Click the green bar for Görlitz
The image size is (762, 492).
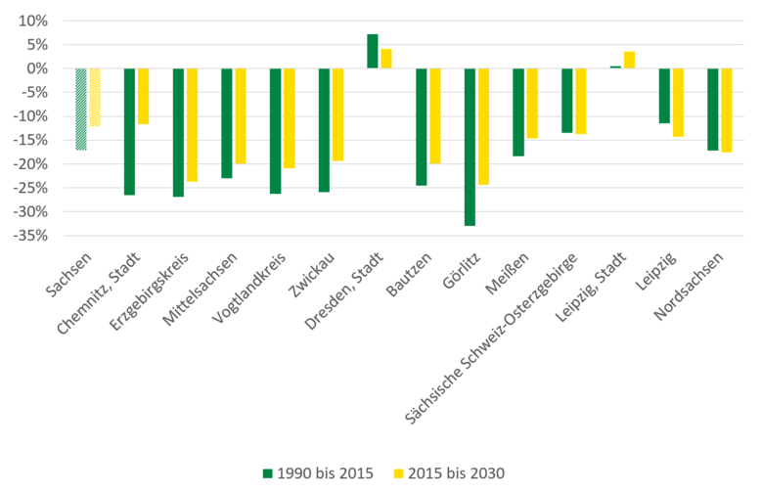pyautogui.click(x=470, y=147)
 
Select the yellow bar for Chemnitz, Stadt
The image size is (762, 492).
pyautogui.click(x=143, y=96)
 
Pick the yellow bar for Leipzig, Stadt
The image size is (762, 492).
pyautogui.click(x=629, y=60)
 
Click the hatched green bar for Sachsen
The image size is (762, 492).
pyautogui.click(x=81, y=109)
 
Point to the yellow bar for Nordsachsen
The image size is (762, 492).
pyautogui.click(x=727, y=110)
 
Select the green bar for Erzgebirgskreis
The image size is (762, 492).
pyautogui.click(x=178, y=132)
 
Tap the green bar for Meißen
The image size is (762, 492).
pyautogui.click(x=518, y=112)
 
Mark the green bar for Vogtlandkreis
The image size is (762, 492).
pyautogui.click(x=276, y=131)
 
